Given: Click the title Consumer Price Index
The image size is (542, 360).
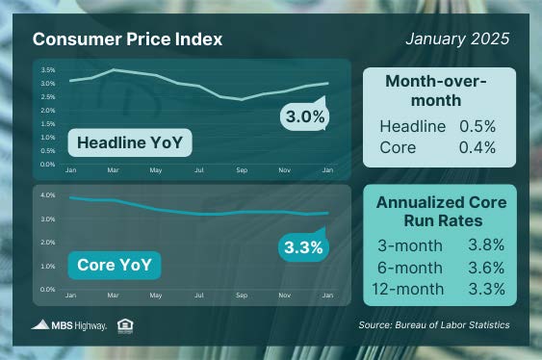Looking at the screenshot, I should click(127, 39).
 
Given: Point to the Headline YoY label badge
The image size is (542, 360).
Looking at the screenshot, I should click(129, 144).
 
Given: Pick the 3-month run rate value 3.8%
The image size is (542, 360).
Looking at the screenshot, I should click(483, 247).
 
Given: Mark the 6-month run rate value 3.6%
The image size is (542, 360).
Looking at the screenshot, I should click(483, 269).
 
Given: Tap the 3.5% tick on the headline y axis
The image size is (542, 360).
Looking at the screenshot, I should click(48, 70).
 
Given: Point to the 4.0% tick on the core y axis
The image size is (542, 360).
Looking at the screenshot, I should click(48, 194).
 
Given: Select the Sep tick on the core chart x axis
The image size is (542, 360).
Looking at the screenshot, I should click(242, 296).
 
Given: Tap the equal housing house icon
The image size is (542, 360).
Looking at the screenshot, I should click(124, 324).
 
